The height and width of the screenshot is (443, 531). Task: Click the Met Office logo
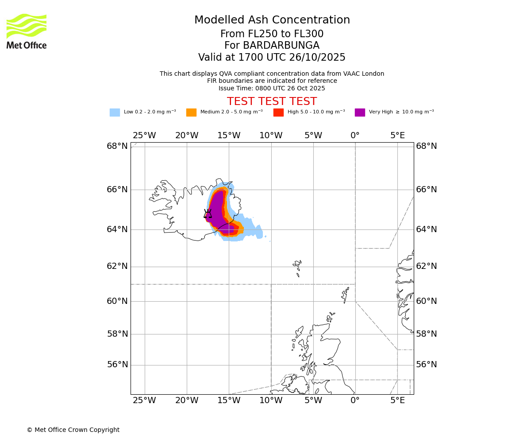point(27,31)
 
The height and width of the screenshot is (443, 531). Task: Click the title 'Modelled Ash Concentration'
point(272,20)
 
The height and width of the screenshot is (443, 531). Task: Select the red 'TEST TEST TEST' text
point(272,101)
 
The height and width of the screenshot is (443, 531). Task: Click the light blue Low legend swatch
point(115,112)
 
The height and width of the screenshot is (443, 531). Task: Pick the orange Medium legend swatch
point(191,112)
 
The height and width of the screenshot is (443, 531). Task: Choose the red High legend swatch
point(278,112)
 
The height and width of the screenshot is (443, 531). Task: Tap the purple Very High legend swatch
point(360,112)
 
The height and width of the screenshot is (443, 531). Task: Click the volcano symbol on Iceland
point(208,214)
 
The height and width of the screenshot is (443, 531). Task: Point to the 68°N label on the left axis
point(117,146)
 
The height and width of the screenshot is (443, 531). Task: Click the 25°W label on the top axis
point(144,136)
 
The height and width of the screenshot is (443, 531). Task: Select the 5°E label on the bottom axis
point(397,401)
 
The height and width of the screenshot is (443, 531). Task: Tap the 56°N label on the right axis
point(427,365)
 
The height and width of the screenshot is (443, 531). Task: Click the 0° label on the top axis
point(355,136)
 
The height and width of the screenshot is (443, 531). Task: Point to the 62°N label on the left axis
point(117,266)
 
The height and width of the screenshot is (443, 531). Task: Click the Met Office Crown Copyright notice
point(73,430)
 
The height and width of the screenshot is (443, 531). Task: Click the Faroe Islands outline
point(297,267)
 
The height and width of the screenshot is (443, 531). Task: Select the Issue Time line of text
point(272,88)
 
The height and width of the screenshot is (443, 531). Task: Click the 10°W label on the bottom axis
point(271,401)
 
